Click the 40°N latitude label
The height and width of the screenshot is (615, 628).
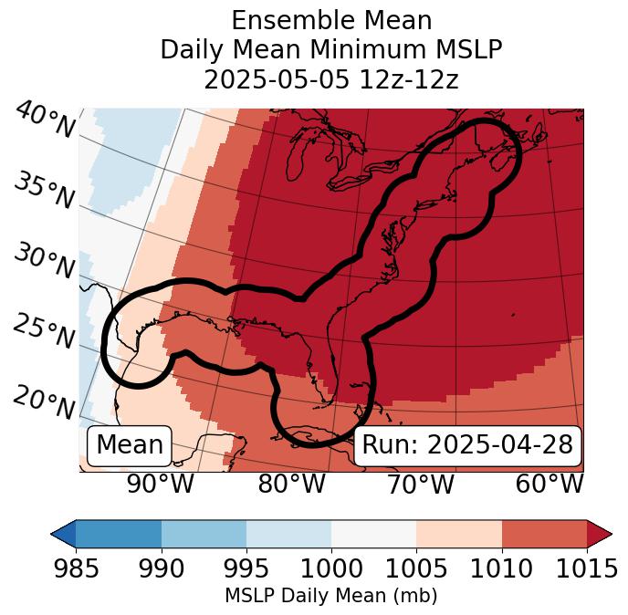[45, 120]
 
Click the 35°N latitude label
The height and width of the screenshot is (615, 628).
[45, 191]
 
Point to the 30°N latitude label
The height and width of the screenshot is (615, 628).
[45, 262]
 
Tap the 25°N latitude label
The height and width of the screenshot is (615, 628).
[45, 332]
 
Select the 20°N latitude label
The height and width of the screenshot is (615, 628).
[45, 402]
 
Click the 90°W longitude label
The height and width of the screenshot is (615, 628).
[160, 484]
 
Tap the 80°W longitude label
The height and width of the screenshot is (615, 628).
[291, 484]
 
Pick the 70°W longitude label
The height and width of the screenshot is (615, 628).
[419, 484]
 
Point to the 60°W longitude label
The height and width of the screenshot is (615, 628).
[549, 484]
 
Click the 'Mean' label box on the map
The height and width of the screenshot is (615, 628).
[130, 445]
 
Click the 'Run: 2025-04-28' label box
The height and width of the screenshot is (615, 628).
[467, 445]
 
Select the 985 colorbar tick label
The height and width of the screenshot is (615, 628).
[76, 568]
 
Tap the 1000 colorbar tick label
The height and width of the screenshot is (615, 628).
[331, 568]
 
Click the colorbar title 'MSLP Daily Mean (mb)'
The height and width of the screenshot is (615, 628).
[330, 596]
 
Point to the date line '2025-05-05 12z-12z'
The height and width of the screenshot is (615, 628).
[330, 79]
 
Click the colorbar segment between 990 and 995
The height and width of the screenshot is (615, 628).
[204, 533]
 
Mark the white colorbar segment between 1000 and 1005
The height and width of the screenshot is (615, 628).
[373, 533]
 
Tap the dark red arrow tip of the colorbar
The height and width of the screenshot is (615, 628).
[600, 533]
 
